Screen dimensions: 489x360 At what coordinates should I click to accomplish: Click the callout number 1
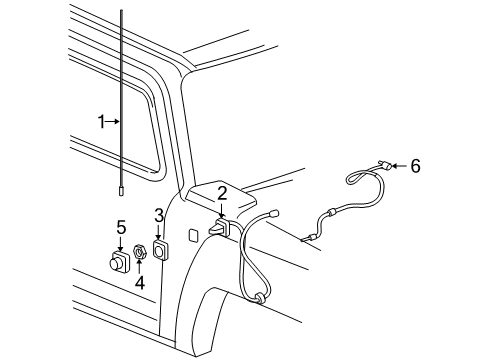[x=101, y=122]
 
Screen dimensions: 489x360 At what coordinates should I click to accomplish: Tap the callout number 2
[x=222, y=193]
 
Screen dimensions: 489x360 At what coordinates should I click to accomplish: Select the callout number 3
[x=159, y=215]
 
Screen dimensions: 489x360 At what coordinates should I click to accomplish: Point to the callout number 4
[x=140, y=283]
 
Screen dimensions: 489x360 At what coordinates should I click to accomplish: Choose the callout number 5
[x=121, y=227]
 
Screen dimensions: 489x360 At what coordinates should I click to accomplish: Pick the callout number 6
[x=415, y=166]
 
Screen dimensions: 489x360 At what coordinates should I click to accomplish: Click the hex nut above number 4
[x=139, y=252]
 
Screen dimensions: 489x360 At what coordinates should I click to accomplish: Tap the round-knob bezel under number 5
[x=119, y=261]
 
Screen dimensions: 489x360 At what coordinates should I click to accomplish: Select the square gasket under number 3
[x=160, y=250]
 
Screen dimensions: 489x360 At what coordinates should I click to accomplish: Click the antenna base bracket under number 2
[x=219, y=226]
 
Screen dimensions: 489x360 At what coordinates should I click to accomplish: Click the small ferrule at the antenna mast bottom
[x=121, y=193]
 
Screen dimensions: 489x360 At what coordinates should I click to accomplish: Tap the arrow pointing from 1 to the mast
[x=113, y=122]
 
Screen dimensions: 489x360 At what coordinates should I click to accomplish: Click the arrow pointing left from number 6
[x=400, y=166]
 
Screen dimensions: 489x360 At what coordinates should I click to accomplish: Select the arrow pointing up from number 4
[x=139, y=266]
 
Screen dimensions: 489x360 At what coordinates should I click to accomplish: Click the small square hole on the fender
[x=194, y=235]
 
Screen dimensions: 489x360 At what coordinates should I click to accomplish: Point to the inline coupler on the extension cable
[x=331, y=212]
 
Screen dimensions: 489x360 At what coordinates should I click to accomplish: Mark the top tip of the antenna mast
[x=121, y=10]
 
